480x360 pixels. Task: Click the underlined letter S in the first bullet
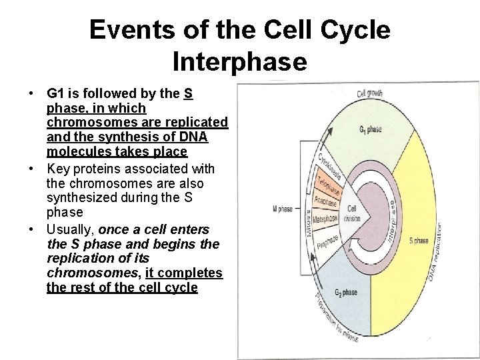point(189,94)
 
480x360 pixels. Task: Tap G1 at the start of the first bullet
point(55,94)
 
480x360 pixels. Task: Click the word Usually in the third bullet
point(72,229)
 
